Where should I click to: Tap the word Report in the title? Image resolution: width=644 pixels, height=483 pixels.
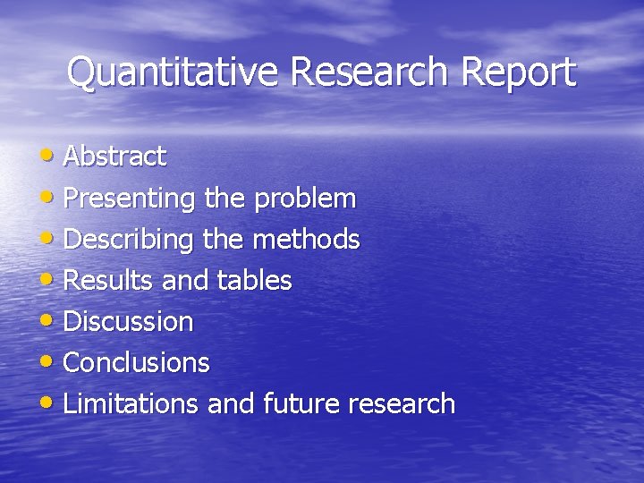(x=519, y=72)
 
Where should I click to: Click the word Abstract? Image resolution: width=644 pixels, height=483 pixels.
(x=114, y=157)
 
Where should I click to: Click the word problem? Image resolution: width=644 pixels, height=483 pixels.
(x=305, y=198)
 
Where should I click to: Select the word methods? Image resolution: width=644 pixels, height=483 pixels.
(x=306, y=239)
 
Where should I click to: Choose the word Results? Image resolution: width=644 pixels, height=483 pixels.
(x=109, y=281)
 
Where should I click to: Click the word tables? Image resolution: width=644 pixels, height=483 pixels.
(x=254, y=281)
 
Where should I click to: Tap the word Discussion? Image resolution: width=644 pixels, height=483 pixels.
(x=128, y=321)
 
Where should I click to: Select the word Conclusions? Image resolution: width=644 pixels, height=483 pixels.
(x=136, y=362)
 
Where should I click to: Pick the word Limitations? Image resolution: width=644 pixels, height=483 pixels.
(x=131, y=403)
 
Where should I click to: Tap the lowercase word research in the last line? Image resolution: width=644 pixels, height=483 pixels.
(x=402, y=403)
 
